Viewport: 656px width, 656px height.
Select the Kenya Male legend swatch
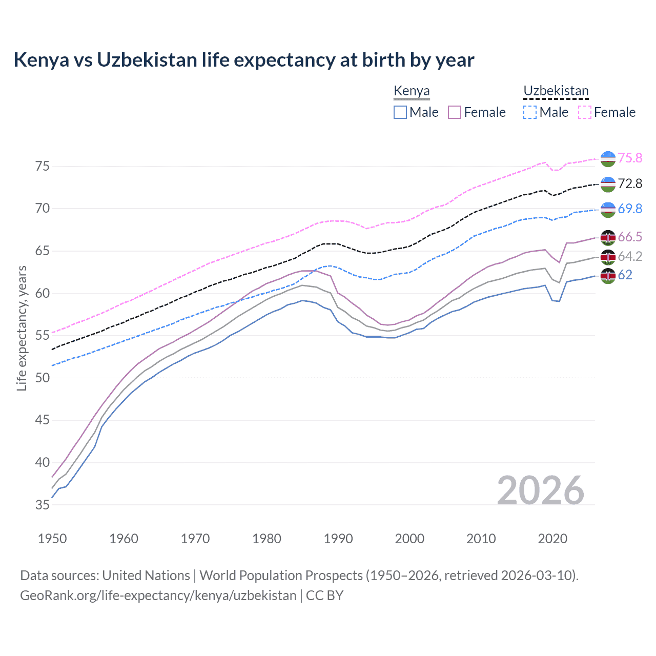pyautogui.click(x=400, y=112)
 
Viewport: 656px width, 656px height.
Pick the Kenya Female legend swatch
pyautogui.click(x=455, y=112)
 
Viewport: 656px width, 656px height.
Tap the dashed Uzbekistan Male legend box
pyautogui.click(x=530, y=112)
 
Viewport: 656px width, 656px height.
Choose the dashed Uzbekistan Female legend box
pyautogui.click(x=585, y=112)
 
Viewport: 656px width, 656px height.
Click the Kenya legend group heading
pyautogui.click(x=412, y=91)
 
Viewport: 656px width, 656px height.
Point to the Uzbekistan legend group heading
pyautogui.click(x=556, y=91)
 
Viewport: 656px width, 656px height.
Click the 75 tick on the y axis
pyautogui.click(x=43, y=166)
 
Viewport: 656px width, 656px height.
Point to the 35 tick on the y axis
pyautogui.click(x=43, y=505)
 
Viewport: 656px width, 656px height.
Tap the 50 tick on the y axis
pyautogui.click(x=43, y=378)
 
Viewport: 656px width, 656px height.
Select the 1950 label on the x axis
pyautogui.click(x=52, y=539)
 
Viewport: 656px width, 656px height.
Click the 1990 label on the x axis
pyautogui.click(x=338, y=539)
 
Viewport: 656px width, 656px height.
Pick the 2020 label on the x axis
pyautogui.click(x=552, y=539)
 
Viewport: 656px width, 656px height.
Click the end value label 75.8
pyautogui.click(x=630, y=158)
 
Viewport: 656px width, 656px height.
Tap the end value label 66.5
pyautogui.click(x=630, y=237)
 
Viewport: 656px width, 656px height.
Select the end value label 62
pyautogui.click(x=625, y=275)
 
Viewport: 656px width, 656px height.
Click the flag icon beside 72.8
pyautogui.click(x=608, y=184)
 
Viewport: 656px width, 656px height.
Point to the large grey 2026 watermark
pyautogui.click(x=541, y=490)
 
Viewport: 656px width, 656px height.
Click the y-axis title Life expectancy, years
pyautogui.click(x=22, y=328)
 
